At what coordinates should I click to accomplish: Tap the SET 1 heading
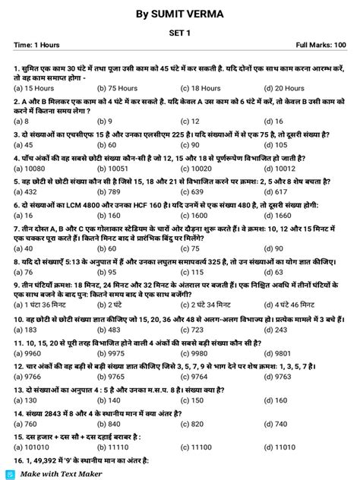(x=180, y=33)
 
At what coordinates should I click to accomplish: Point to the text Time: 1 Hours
(x=39, y=46)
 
